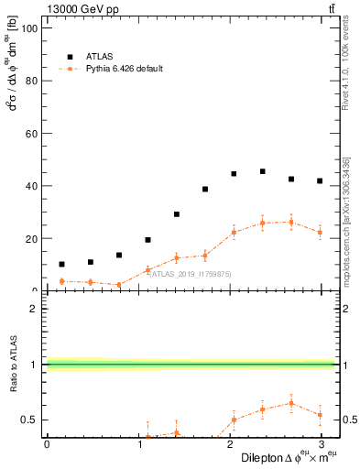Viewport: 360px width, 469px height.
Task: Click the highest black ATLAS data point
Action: tap(262, 171)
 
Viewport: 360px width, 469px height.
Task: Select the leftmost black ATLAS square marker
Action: tap(61, 264)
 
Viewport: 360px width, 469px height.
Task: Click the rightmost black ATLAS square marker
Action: tap(320, 181)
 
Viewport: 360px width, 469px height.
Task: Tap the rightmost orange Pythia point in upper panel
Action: tap(320, 232)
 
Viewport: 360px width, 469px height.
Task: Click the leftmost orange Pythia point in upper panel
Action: tap(61, 281)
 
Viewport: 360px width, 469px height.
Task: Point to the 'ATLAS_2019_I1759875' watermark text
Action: tap(191, 273)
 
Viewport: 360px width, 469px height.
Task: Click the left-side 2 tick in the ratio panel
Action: tap(34, 309)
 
